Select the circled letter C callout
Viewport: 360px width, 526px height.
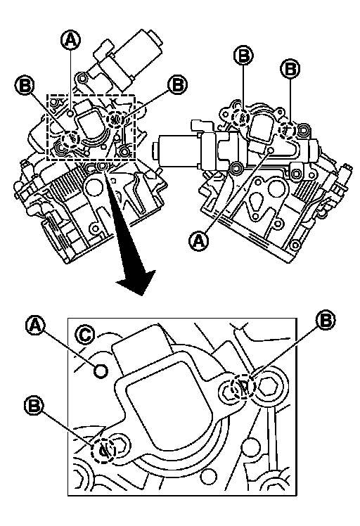pyautogui.click(x=85, y=334)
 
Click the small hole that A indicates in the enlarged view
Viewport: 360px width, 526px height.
pyautogui.click(x=101, y=371)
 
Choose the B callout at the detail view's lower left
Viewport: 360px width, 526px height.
pyautogui.click(x=34, y=406)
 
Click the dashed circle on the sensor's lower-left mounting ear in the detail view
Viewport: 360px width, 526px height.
pyautogui.click(x=104, y=450)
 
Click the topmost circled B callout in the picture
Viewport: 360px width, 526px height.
pyautogui.click(x=243, y=56)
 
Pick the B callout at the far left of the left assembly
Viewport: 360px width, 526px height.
pyautogui.click(x=25, y=85)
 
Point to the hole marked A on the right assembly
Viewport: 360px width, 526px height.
pyautogui.click(x=272, y=149)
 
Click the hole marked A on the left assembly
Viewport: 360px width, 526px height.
pyautogui.click(x=70, y=113)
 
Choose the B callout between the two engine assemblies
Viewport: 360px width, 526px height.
pyautogui.click(x=177, y=84)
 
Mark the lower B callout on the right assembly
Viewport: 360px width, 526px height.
pyautogui.click(x=290, y=69)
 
